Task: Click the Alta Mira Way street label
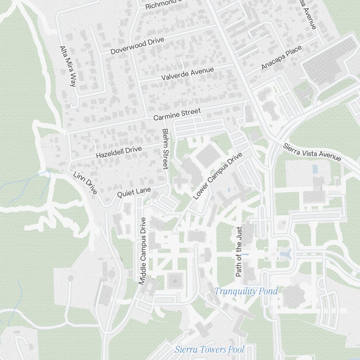68,67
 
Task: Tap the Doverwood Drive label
137,46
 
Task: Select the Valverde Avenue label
187,74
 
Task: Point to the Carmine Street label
177,115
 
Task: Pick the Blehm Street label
165,149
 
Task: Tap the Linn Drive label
85,183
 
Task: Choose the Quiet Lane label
134,192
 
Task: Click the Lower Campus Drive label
217,176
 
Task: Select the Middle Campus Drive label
143,251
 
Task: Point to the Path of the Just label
238,252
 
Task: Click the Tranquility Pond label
246,291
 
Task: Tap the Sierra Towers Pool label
210,349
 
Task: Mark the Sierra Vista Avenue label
312,152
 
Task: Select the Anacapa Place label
281,58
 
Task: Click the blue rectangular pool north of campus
315,169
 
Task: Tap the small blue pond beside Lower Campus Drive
229,189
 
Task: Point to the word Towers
212,349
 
